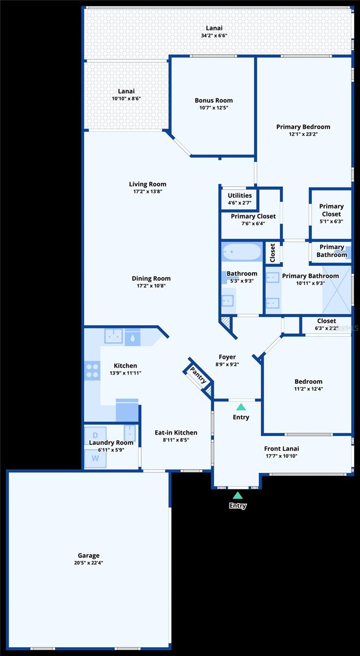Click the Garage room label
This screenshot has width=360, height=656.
pyautogui.click(x=88, y=555)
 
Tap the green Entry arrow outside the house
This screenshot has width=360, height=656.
pyautogui.click(x=238, y=495)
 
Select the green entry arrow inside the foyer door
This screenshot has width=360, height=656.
pyautogui.click(x=241, y=407)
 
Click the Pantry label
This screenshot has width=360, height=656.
pyautogui.click(x=198, y=375)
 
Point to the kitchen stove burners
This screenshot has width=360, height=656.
pyautogui.click(x=92, y=371)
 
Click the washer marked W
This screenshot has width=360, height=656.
pyautogui.click(x=95, y=458)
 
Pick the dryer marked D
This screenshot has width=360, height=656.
pyautogui.click(x=95, y=435)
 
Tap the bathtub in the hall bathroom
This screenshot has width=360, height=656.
pyautogui.click(x=242, y=251)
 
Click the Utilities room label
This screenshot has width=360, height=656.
pyautogui.click(x=240, y=195)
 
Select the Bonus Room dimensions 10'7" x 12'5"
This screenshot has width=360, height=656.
pyautogui.click(x=214, y=108)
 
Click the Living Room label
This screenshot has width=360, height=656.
pyautogui.click(x=147, y=184)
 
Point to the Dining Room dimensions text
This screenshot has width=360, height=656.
pyautogui.click(x=151, y=286)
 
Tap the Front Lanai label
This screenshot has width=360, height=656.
pyautogui.click(x=281, y=449)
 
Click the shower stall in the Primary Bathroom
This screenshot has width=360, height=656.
pyautogui.click(x=337, y=290)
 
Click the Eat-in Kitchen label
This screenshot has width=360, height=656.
pyautogui.click(x=176, y=432)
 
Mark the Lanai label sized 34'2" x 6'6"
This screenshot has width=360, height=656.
pyautogui.click(x=214, y=28)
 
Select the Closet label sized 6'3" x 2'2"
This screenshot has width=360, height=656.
pyautogui.click(x=327, y=321)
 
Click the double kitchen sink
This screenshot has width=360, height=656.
pyautogui.click(x=114, y=336)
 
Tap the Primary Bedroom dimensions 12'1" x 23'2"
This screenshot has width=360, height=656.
pyautogui.click(x=303, y=134)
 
